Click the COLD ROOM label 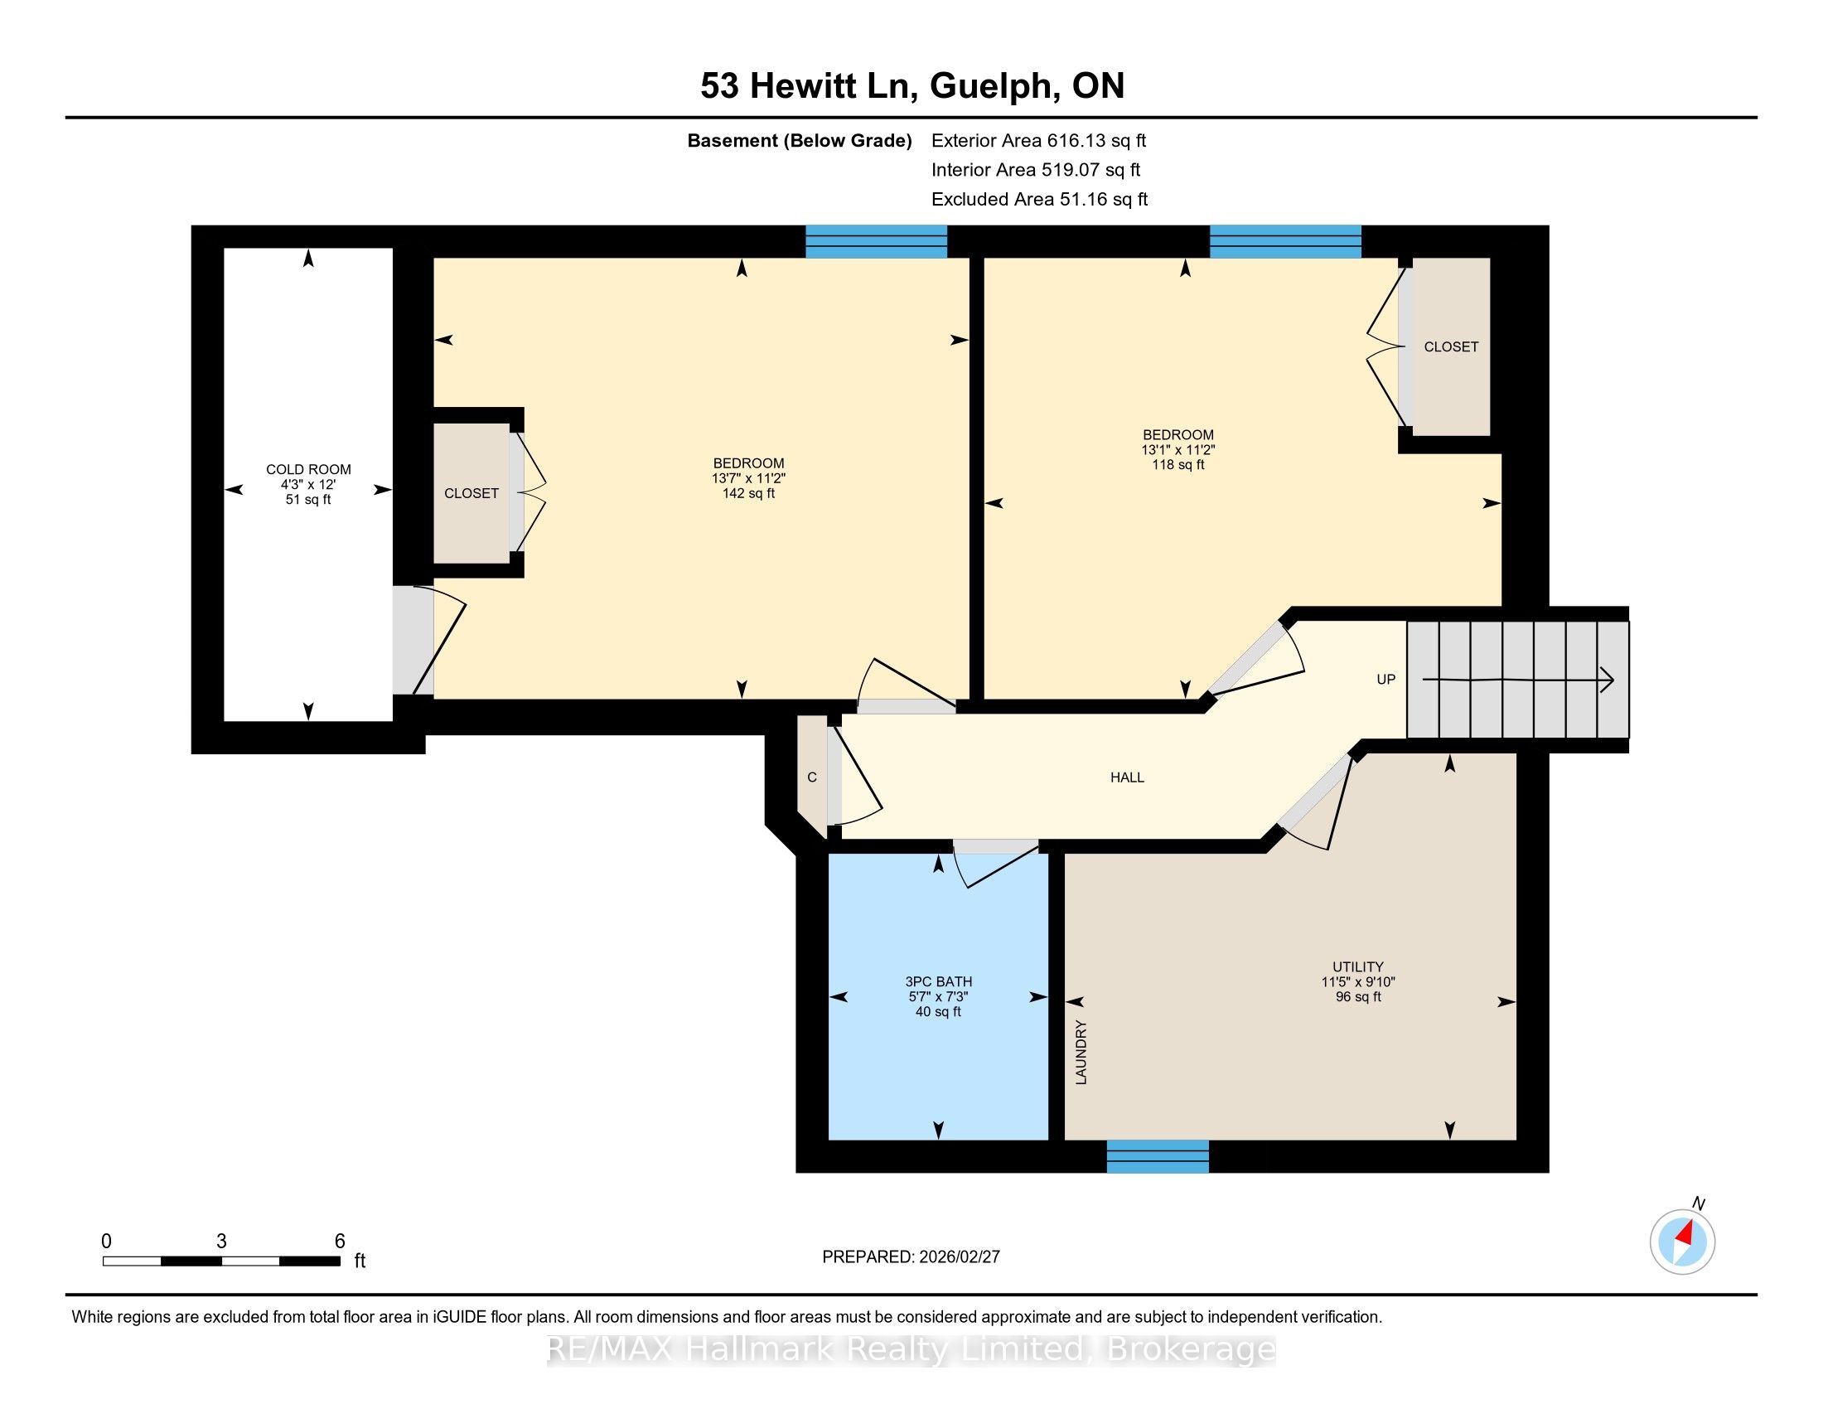click(308, 469)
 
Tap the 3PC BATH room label click(938, 981)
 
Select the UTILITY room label click(1358, 966)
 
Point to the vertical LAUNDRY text click(1081, 1052)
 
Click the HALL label click(1127, 777)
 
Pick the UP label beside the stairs click(1385, 680)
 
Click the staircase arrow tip click(1613, 680)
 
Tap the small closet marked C click(811, 777)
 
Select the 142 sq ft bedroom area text click(749, 493)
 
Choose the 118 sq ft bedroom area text click(1177, 465)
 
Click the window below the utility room click(1158, 1156)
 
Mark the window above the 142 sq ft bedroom click(877, 241)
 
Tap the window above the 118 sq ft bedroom click(1285, 241)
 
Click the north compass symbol click(1683, 1242)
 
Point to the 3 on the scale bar click(221, 1242)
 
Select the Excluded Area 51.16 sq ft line click(1039, 199)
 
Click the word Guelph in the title click(992, 86)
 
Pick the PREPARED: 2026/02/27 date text click(911, 1257)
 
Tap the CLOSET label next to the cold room click(471, 493)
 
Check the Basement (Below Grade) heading click(799, 141)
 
